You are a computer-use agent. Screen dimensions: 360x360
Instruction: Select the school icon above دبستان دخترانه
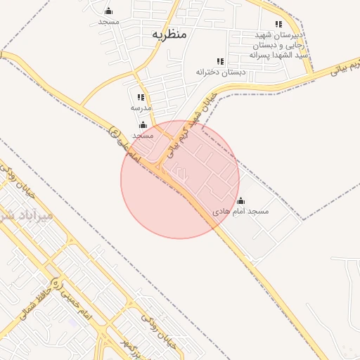click(221, 62)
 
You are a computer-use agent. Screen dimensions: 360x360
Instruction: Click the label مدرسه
click(141, 108)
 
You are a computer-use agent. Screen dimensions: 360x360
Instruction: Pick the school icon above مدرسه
click(141, 98)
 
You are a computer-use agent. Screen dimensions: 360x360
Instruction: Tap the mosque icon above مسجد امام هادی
click(241, 200)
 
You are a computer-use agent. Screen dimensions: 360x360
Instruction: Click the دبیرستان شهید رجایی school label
click(279, 44)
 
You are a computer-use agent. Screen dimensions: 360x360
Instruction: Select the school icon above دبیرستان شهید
click(279, 24)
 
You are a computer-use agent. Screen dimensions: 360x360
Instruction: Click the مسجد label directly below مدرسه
click(143, 134)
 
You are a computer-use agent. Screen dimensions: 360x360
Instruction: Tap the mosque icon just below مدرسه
click(143, 124)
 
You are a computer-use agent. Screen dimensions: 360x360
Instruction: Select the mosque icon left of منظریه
click(108, 11)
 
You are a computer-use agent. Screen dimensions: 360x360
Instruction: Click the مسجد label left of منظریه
click(108, 22)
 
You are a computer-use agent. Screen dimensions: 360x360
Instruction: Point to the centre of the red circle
click(180, 179)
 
